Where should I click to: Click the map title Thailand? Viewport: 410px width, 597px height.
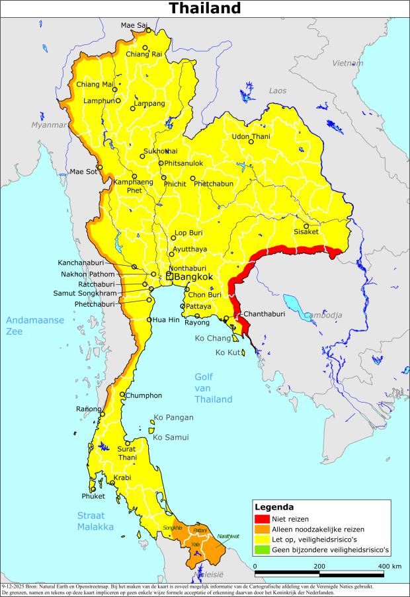204,9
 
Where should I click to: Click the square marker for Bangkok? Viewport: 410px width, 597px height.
169,276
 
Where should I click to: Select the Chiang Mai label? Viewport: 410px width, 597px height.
95,84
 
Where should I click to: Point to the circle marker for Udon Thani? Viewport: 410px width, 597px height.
251,141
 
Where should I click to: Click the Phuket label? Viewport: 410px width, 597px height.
93,496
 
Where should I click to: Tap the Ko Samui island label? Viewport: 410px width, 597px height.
171,437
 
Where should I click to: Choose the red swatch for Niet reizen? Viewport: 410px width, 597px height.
263,519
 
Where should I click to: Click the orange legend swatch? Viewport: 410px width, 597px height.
263,529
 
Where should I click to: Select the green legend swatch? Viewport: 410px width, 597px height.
263,549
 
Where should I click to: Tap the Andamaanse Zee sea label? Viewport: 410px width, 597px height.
35,326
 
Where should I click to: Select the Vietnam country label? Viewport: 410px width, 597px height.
348,63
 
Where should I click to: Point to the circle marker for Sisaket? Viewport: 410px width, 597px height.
306,225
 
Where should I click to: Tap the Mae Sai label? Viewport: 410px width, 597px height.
134,25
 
